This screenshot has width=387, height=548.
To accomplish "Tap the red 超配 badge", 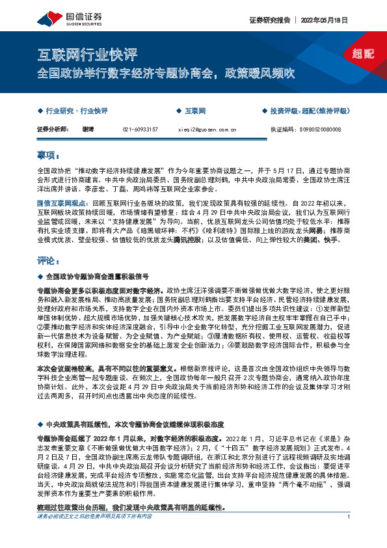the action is click(363, 53).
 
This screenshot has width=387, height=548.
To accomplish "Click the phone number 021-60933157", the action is click(140, 130).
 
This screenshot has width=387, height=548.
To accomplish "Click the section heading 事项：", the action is click(47, 156).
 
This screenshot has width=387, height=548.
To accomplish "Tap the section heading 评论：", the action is click(47, 262).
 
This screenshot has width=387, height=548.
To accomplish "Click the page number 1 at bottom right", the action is click(349, 535).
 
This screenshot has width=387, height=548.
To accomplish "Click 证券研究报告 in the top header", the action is click(269, 20).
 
